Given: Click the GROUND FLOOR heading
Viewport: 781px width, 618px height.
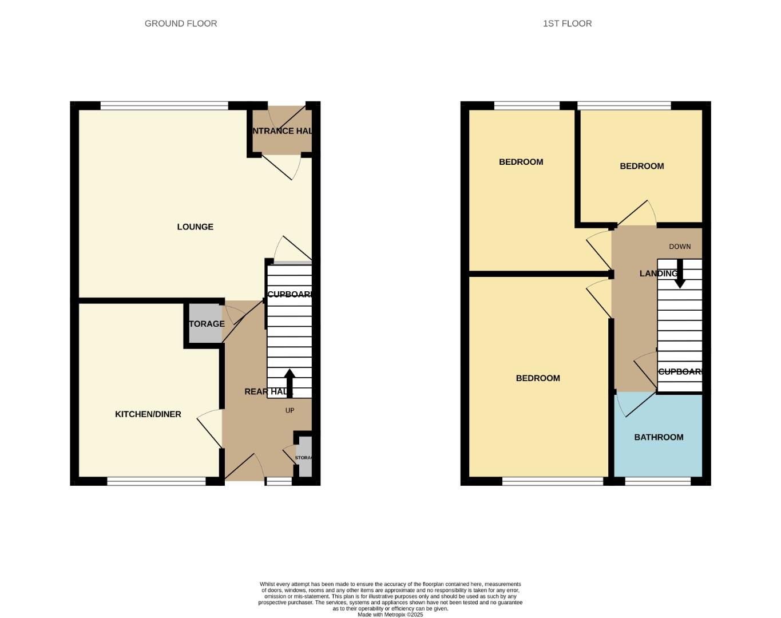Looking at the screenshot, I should click(181, 23).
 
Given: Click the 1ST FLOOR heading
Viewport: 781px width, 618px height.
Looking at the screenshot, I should click(567, 23).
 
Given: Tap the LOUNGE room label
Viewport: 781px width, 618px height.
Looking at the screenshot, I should click(195, 227).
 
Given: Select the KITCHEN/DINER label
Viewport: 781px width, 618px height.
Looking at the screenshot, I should click(148, 414).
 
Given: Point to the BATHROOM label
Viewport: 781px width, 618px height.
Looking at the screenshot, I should click(659, 437).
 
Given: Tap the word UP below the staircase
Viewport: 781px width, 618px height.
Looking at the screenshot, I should click(290, 410).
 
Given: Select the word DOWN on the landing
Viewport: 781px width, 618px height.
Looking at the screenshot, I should click(680, 247).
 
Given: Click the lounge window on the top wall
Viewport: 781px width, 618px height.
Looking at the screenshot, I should click(164, 105).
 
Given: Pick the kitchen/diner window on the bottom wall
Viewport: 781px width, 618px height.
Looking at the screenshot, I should click(156, 482).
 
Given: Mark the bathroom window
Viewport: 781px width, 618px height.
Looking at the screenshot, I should click(658, 482).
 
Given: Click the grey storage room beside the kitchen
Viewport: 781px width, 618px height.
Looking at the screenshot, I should click(204, 324).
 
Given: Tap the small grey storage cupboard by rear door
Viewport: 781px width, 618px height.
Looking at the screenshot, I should click(306, 457).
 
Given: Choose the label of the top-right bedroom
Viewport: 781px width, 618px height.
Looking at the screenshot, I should click(642, 166).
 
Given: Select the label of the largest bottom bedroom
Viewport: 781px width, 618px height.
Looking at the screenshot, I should click(538, 378).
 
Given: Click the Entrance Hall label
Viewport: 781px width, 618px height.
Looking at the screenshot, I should click(282, 131).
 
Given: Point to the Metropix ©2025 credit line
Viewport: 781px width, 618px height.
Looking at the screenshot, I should click(390, 615).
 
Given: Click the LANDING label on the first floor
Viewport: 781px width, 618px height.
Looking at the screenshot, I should click(658, 274).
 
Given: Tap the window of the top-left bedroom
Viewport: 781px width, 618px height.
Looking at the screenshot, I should click(526, 105).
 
